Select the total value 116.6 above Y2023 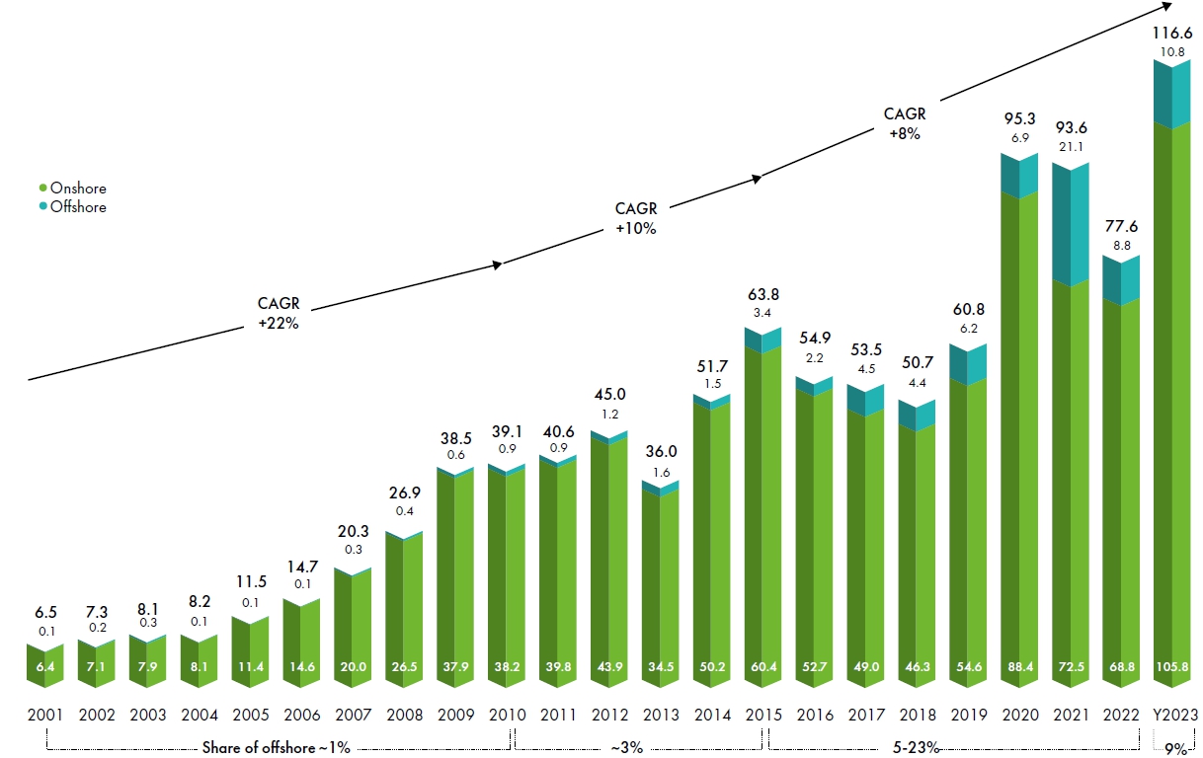coord(1174,33)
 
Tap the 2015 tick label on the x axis coord(764,714)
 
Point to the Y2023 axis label coord(1174,714)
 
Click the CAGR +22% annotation coord(278,314)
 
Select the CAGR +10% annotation coord(635,218)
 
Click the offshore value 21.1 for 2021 coord(1072,148)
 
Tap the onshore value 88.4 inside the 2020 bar coord(1020,666)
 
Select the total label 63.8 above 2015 coord(764,294)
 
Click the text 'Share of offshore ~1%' coord(277,747)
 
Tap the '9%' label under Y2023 coord(1175,747)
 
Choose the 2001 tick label coord(45,714)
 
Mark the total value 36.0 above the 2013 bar coord(661,452)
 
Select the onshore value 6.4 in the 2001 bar coord(45,666)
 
